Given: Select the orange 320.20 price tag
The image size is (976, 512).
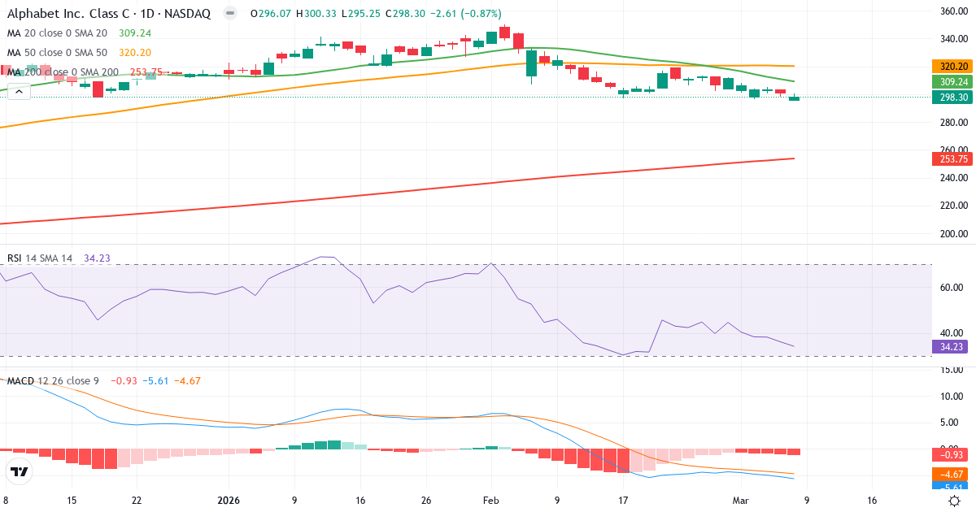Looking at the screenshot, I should click(x=952, y=66).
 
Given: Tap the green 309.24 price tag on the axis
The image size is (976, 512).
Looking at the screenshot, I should click(x=952, y=81).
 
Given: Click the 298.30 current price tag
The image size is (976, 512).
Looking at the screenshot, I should click(x=952, y=97).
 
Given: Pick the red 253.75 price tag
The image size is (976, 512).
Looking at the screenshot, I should click(x=952, y=158).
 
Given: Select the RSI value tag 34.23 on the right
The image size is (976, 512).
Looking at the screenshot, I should click(x=952, y=346).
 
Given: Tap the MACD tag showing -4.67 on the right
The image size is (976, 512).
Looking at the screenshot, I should click(x=952, y=474).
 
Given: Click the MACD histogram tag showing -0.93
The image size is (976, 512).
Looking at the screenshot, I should click(x=952, y=454).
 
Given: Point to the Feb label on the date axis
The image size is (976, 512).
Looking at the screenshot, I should click(x=490, y=501).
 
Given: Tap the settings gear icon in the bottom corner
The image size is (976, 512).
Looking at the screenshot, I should click(x=956, y=501).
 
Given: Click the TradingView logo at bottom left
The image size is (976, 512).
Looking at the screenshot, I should click(x=20, y=471).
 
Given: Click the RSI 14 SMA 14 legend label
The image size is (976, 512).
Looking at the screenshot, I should click(x=40, y=258).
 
